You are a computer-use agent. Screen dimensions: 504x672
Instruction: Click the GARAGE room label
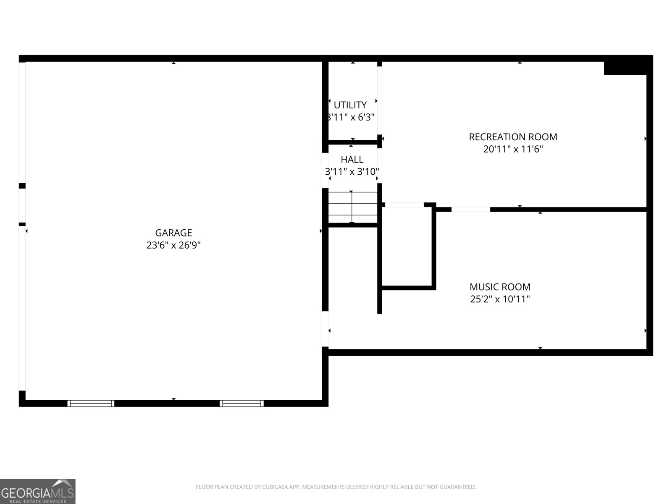pyautogui.click(x=173, y=233)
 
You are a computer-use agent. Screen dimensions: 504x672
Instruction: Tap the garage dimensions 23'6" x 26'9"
pyautogui.click(x=173, y=245)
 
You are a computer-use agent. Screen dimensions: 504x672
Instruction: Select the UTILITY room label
pyautogui.click(x=350, y=105)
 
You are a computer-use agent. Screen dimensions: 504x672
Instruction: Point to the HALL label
pyautogui.click(x=352, y=159)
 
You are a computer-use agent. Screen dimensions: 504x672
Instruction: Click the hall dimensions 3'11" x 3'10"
pyautogui.click(x=352, y=172)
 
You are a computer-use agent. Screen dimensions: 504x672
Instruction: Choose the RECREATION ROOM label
pyautogui.click(x=513, y=137)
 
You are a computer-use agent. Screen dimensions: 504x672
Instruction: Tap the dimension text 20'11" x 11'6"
pyautogui.click(x=513, y=149)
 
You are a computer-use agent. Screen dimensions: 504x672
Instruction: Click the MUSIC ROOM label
pyautogui.click(x=500, y=287)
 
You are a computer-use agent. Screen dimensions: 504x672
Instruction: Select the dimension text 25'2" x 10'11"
pyautogui.click(x=500, y=299)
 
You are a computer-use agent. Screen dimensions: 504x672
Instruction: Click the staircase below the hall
pyautogui.click(x=353, y=207)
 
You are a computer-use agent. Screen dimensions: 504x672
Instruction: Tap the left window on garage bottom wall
pyautogui.click(x=91, y=403)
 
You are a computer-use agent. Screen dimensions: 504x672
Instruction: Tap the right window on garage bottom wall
pyautogui.click(x=242, y=403)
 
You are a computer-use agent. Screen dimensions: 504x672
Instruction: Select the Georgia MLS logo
pyautogui.click(x=37, y=491)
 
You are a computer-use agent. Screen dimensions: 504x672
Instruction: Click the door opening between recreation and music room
pyautogui.click(x=470, y=209)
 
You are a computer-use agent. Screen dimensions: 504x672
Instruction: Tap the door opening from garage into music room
pyautogui.click(x=325, y=329)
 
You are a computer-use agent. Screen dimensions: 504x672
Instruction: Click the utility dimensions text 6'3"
pyautogui.click(x=366, y=117)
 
